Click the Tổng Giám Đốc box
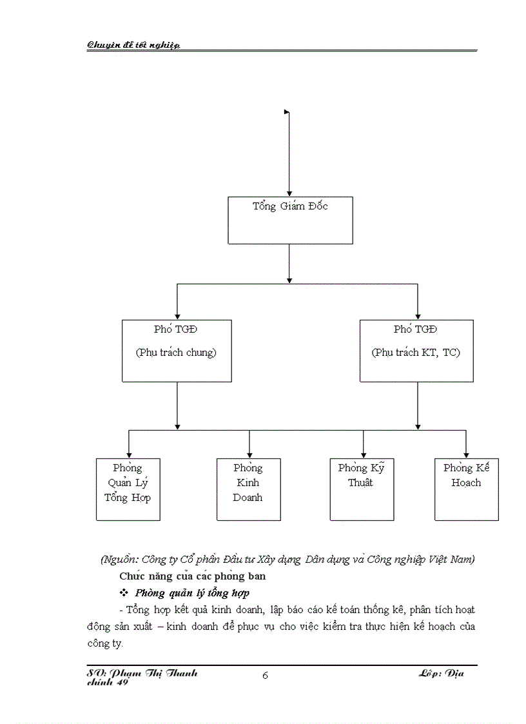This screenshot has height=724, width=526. click(290, 220)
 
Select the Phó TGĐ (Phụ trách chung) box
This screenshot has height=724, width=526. click(177, 351)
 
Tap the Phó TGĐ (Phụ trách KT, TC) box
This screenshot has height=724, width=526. click(416, 351)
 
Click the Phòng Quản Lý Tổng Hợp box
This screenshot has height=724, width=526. click(128, 489)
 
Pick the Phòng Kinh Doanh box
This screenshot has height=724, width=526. click(248, 489)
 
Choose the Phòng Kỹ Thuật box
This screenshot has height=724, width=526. click(362, 489)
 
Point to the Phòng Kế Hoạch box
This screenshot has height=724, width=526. click(466, 489)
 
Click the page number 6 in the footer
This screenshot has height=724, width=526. click(265, 675)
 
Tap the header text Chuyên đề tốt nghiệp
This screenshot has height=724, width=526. click(133, 44)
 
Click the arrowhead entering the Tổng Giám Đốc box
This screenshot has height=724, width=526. click(289, 193)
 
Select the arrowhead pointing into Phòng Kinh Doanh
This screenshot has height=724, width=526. click(249, 455)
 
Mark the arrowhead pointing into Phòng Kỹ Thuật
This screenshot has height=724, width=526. click(364, 455)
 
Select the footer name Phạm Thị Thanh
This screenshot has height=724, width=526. click(155, 672)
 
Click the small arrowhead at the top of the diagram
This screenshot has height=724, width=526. click(287, 112)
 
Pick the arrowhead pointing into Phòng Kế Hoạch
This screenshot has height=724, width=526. click(466, 455)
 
